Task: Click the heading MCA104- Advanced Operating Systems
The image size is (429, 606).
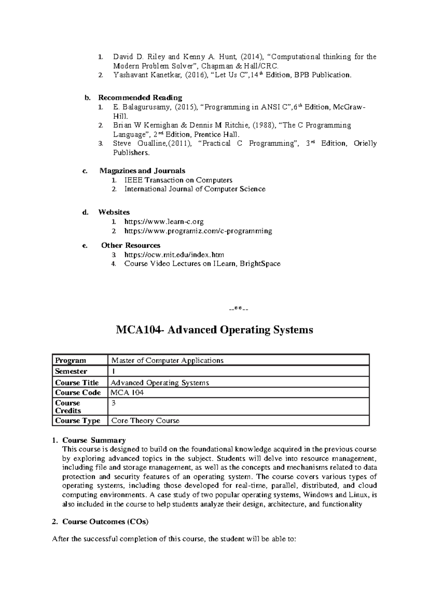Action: click(x=214, y=329)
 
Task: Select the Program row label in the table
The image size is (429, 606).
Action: click(x=71, y=360)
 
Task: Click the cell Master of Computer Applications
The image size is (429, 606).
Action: click(x=167, y=360)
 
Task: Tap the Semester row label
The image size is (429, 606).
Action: click(x=71, y=371)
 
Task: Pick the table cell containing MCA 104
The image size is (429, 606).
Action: click(x=128, y=392)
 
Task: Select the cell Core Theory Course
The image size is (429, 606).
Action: click(x=146, y=421)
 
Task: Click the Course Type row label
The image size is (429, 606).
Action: click(x=78, y=421)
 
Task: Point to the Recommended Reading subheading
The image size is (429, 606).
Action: click(x=140, y=98)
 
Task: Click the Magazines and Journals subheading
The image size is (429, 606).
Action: click(x=142, y=171)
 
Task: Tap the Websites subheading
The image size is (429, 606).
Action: click(x=114, y=212)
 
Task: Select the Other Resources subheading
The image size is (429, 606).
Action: click(x=130, y=245)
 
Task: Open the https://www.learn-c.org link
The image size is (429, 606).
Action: click(x=164, y=222)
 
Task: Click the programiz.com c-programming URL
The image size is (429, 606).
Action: click(x=198, y=231)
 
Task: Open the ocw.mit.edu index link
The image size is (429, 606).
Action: click(x=174, y=255)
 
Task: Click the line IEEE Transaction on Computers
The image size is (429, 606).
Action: click(x=178, y=180)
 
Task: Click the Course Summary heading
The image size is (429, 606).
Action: click(x=94, y=440)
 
